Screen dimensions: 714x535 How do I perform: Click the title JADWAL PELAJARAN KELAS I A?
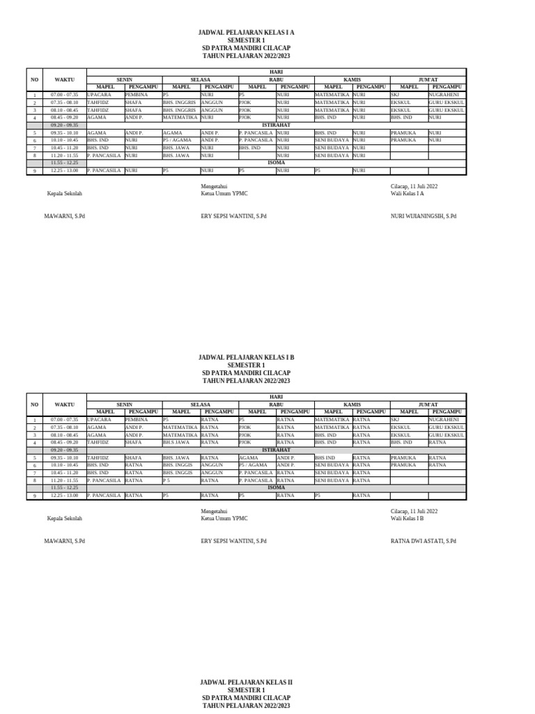click(246, 33)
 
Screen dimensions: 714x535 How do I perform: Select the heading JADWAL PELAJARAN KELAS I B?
click(246, 357)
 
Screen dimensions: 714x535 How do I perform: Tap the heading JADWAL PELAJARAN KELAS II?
click(246, 681)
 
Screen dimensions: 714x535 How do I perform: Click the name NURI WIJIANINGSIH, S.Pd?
click(424, 216)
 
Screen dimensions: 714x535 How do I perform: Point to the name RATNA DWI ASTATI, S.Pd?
click(424, 540)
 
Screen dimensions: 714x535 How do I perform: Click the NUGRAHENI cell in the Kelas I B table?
click(444, 420)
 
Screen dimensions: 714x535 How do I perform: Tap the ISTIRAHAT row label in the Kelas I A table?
click(275, 125)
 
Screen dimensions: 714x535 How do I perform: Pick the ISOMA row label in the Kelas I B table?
click(275, 487)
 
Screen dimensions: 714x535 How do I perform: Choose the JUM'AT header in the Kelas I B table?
click(428, 404)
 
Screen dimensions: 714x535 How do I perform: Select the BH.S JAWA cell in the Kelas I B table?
click(176, 442)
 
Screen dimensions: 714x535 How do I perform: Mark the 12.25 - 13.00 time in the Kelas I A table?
click(64, 170)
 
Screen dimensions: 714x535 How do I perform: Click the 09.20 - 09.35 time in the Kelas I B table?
click(64, 450)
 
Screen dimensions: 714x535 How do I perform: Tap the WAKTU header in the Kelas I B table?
click(64, 404)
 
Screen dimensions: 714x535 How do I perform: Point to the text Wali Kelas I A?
click(408, 194)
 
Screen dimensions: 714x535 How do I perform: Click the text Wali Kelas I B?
click(408, 518)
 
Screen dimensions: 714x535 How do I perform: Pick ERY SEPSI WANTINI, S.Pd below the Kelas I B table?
click(233, 540)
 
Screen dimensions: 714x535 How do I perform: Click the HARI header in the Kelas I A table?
click(275, 72)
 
